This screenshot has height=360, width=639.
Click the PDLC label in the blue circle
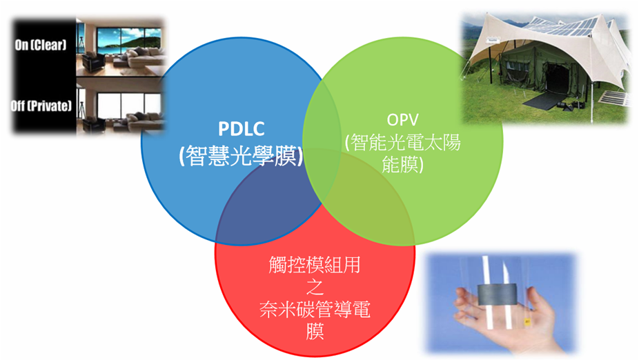point(242,129)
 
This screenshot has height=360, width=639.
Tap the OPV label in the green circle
point(402,120)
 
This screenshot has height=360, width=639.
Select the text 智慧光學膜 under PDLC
point(242,155)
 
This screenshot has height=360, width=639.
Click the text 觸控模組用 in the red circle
point(315,265)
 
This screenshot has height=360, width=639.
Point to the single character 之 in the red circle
point(315,287)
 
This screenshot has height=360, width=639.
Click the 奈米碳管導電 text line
point(315,309)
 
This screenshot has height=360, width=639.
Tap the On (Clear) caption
point(40,44)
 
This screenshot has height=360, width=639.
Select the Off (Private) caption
point(41,106)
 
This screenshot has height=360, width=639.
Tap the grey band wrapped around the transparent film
point(497,294)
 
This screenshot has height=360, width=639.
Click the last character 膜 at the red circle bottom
point(315,331)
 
